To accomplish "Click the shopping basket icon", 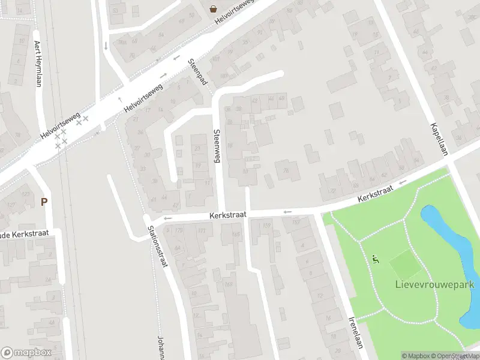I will coord(213,8).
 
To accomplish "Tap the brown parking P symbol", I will coord(44,202).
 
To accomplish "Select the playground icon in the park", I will coord(376,260).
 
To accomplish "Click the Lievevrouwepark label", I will coord(435,284).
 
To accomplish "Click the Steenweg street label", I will coord(217,147).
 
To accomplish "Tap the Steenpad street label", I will coord(197,71).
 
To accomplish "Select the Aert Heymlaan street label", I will coord(38,63).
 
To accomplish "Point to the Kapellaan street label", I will coord(439,140).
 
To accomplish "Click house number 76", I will coord(286,170).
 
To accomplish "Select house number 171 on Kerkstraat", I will coord(202,230).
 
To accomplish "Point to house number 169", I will coord(229,284).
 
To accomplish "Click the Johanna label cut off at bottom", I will coord(160,347).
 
